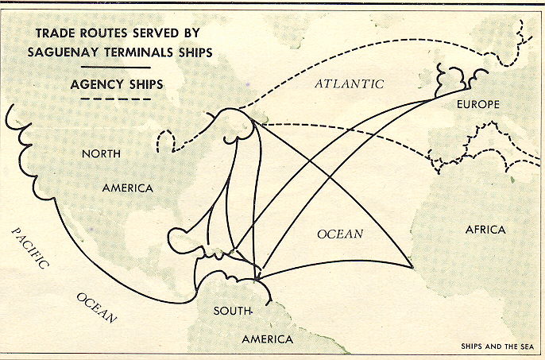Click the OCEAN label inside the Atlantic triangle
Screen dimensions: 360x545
point(340,234)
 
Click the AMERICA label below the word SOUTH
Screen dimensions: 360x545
point(267,339)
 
